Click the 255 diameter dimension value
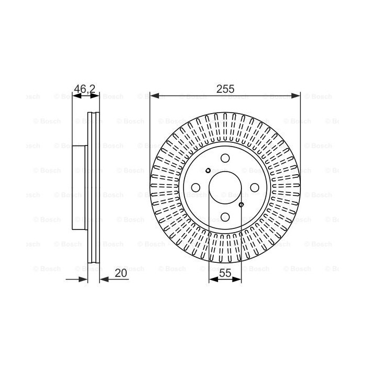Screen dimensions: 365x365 225,89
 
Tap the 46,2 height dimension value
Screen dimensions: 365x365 84,89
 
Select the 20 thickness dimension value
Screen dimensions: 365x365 121,273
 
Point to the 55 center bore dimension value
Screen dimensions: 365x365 225,273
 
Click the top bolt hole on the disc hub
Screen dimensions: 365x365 225,158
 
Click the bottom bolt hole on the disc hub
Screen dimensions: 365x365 225,217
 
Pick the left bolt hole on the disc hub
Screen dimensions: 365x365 196,188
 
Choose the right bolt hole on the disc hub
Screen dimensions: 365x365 254,188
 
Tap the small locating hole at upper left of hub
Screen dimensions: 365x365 209,171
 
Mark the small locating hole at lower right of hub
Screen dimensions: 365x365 241,204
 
